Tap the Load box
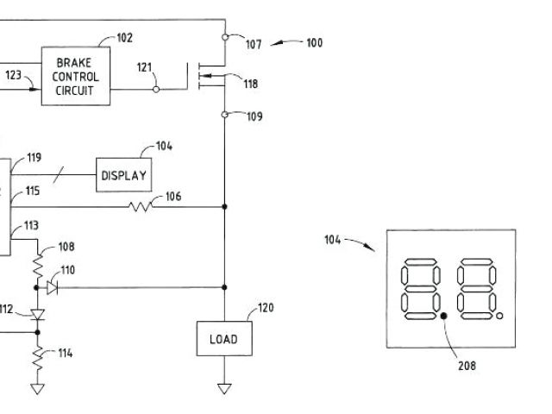pos(223,339)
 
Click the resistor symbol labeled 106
pos(141,206)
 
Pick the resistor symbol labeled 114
pos(38,355)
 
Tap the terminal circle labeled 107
pos(224,38)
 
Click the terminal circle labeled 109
pos(224,115)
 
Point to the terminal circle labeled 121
pos(156,88)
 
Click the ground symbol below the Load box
pos(224,388)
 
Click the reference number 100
pos(314,42)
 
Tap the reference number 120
pos(266,308)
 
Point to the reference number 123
pos(13,75)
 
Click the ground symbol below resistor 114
pos(38,388)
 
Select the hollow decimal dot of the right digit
pos(501,318)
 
